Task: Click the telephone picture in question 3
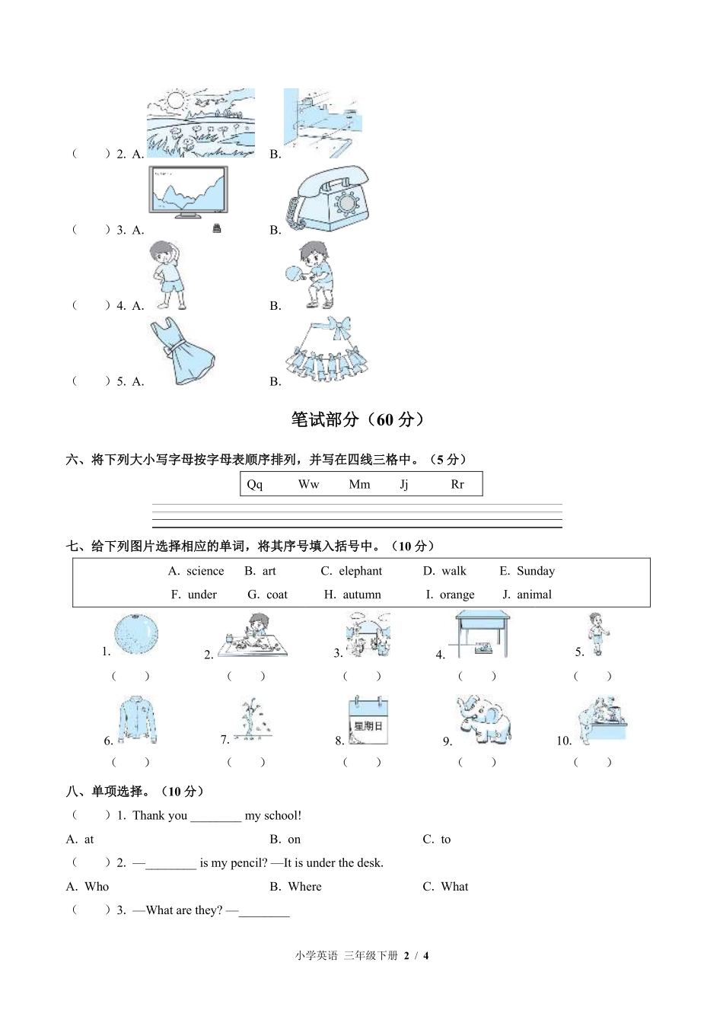(328, 199)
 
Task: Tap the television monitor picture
(188, 193)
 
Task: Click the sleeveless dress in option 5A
(181, 351)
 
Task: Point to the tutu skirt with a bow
(327, 349)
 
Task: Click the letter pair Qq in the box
(255, 484)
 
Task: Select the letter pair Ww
(308, 484)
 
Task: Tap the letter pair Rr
(457, 484)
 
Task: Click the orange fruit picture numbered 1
(136, 634)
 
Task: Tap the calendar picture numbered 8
(368, 720)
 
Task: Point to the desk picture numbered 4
(483, 636)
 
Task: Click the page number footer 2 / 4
(416, 956)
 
